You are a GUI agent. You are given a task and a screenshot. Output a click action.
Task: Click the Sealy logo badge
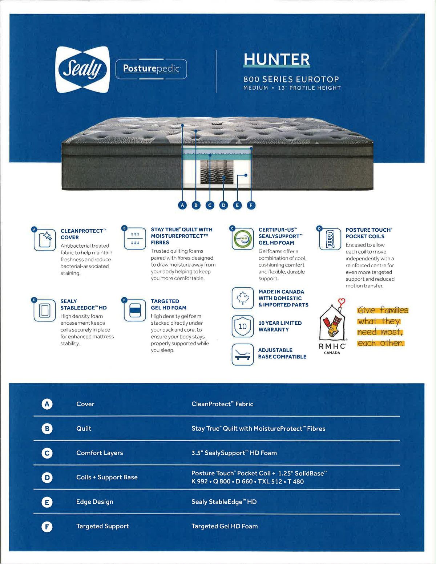click(82, 69)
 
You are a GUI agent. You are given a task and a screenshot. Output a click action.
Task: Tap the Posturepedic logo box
click(151, 69)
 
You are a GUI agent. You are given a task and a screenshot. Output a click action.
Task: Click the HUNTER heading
click(276, 60)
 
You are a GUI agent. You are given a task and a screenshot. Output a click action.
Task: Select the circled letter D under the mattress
click(223, 205)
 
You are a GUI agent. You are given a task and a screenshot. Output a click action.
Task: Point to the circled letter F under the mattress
click(251, 205)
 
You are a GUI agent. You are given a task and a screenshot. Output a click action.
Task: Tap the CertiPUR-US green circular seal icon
click(242, 239)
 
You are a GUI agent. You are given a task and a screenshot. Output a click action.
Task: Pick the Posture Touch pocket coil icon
click(330, 239)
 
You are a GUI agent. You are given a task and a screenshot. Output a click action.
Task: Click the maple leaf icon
click(242, 298)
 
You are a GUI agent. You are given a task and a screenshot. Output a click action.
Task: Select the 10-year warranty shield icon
click(242, 326)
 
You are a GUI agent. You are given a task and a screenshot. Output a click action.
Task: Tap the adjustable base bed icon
click(242, 354)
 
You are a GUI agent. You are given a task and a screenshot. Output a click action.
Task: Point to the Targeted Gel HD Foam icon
click(135, 311)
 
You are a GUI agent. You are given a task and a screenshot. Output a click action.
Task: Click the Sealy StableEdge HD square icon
click(45, 311)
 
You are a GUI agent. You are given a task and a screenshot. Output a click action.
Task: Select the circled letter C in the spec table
click(47, 453)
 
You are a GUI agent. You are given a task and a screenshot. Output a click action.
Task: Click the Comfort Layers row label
click(100, 453)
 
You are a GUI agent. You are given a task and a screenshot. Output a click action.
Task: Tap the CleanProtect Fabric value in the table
click(222, 404)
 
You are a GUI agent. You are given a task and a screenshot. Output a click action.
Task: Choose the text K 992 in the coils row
click(199, 482)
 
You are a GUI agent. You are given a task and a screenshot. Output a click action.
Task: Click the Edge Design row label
click(94, 502)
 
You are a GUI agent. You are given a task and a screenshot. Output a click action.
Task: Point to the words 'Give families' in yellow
click(383, 310)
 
